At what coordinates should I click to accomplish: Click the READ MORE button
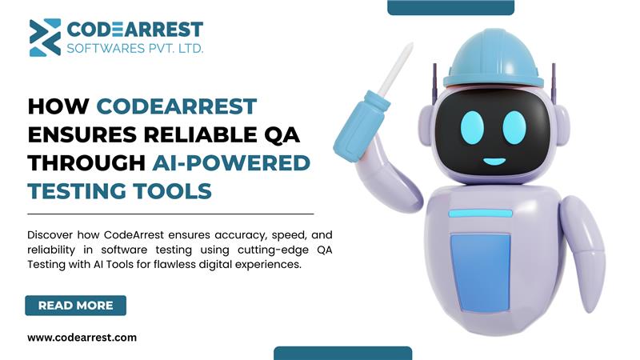point(75,306)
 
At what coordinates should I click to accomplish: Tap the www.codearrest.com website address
point(82,338)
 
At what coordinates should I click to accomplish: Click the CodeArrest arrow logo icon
point(45,37)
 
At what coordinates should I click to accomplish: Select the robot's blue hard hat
point(493,59)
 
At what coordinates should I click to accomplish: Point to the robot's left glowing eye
point(472,127)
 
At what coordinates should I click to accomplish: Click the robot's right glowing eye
point(514,127)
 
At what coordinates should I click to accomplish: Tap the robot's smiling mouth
point(494,162)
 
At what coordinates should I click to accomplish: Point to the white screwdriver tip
point(395,70)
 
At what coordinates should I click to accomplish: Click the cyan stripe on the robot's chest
point(481,213)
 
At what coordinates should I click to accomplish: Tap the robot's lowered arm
point(584,253)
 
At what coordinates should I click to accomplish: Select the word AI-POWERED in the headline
point(231,163)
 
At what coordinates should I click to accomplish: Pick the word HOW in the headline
point(58,106)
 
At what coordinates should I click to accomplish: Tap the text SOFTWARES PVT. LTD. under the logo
point(134,49)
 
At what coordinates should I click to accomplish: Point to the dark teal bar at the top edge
point(450,7)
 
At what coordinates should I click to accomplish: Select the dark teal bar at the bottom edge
point(343,354)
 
